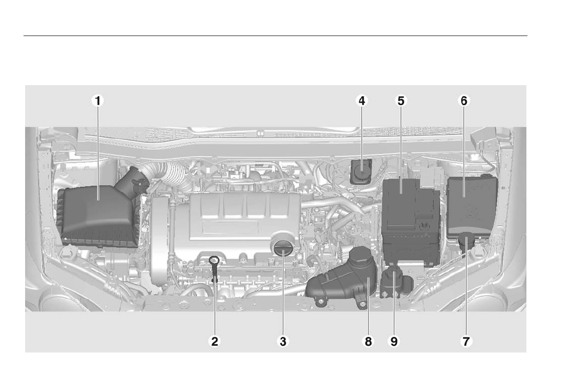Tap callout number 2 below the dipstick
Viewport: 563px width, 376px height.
click(214, 342)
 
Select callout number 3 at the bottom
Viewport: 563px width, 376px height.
click(282, 342)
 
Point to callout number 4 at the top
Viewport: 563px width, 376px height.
click(361, 101)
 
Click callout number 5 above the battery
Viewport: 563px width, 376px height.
click(400, 101)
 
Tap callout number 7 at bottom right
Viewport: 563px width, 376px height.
click(465, 342)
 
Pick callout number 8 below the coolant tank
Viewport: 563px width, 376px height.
click(368, 342)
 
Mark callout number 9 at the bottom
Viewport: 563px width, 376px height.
click(394, 342)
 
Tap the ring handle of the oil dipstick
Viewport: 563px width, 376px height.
click(214, 260)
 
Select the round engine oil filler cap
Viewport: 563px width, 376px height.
click(282, 246)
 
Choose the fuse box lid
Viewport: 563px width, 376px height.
click(470, 201)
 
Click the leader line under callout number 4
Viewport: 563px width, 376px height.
click(361, 136)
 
